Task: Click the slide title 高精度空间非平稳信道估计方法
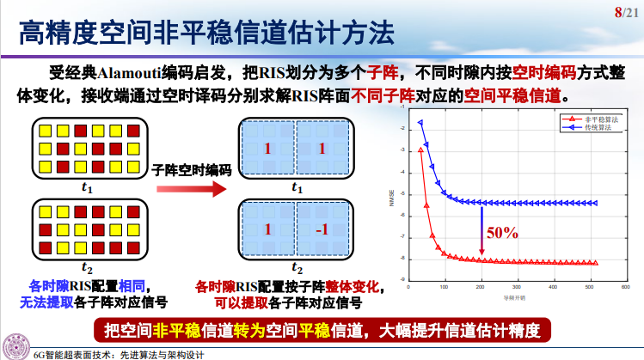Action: tap(207, 36)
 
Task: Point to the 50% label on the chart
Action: tap(502, 232)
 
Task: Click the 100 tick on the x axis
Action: tap(444, 288)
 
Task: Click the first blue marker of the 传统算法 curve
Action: tap(420, 122)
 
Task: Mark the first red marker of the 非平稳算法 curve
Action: tap(420, 149)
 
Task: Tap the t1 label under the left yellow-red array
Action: tap(87, 186)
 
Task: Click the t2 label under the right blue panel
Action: tap(297, 268)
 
